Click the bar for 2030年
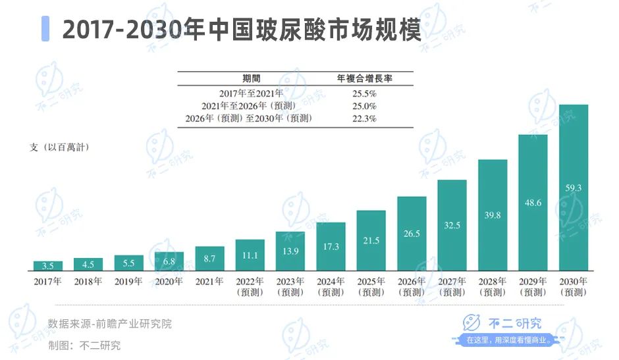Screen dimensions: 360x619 (573, 188)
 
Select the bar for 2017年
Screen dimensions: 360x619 (48, 266)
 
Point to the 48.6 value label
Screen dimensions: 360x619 (533, 203)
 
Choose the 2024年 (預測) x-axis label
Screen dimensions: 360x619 (331, 287)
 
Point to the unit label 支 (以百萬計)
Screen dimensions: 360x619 (59, 147)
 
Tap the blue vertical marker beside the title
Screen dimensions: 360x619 (45, 30)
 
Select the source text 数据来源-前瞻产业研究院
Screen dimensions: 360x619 (109, 324)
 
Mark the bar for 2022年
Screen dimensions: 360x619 (250, 255)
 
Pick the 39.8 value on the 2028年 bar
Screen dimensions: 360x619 (492, 215)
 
